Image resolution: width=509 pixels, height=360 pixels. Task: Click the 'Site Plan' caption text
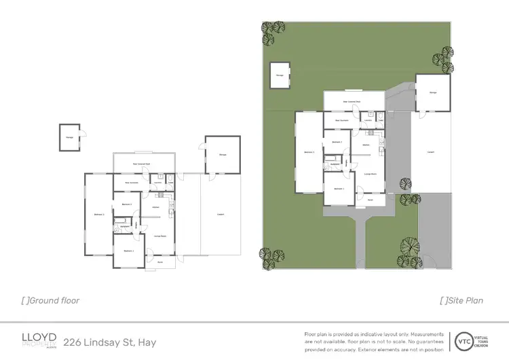tap(465, 300)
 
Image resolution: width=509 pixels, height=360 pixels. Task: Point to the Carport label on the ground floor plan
tap(220, 215)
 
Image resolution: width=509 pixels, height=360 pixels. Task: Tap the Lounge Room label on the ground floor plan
tap(161, 234)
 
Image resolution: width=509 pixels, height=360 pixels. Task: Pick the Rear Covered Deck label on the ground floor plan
tap(141, 164)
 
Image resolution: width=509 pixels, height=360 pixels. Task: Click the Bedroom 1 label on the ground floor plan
tap(128, 251)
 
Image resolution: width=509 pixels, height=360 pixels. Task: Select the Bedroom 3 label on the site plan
tap(308, 152)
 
